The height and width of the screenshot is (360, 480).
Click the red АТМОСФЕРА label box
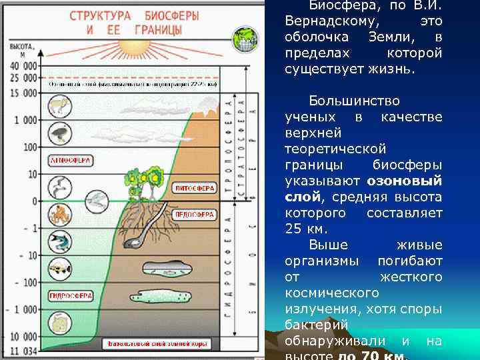pos(70,161)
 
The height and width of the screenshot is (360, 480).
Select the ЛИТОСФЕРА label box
pos(194,189)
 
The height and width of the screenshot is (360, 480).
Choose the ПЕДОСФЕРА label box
pos(194,215)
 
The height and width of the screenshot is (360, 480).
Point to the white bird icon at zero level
pos(97,198)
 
